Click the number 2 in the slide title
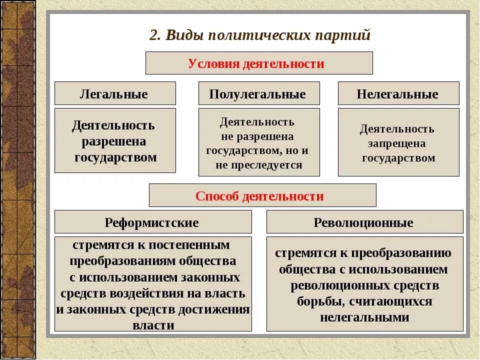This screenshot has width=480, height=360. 153,36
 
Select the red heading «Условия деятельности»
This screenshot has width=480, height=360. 256,63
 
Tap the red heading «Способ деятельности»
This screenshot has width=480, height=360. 259,196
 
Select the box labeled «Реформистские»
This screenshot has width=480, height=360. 152,222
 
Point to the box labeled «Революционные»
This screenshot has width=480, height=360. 363,222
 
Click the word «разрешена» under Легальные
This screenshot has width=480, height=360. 114,141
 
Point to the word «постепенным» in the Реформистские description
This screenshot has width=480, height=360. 198,245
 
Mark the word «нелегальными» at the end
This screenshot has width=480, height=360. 364,317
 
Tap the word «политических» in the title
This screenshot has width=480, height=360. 261,36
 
